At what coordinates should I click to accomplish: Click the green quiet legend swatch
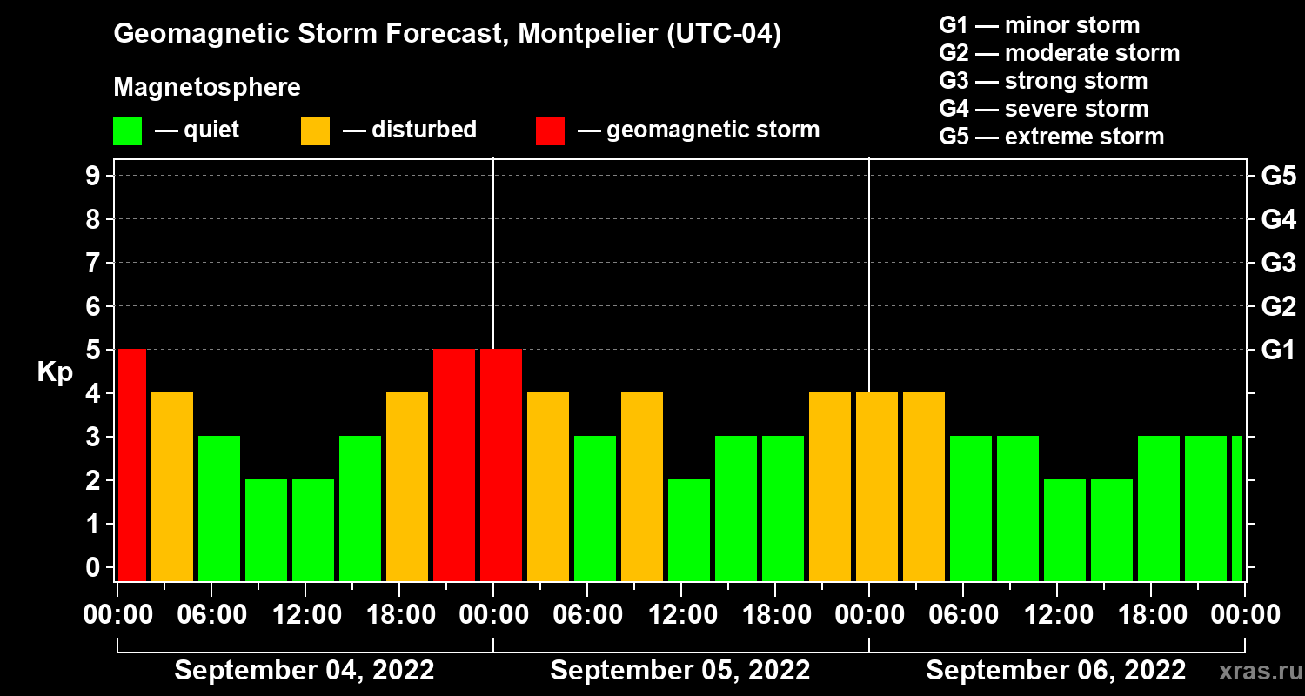click(127, 130)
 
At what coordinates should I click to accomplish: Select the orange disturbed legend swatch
click(315, 130)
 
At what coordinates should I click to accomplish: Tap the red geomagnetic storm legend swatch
click(550, 130)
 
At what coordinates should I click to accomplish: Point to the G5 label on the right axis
click(1278, 177)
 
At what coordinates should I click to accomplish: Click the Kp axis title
click(55, 372)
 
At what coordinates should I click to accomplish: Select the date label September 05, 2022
click(679, 671)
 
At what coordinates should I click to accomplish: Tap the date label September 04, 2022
click(304, 671)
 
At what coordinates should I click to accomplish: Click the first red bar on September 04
click(132, 465)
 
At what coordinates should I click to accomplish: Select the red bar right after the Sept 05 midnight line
click(501, 465)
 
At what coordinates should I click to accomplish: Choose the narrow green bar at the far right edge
click(1237, 508)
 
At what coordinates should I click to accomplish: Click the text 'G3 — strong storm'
click(1043, 81)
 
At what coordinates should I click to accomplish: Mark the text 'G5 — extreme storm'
click(1051, 137)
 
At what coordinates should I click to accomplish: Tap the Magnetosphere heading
click(207, 88)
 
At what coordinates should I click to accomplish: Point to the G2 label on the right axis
click(1278, 307)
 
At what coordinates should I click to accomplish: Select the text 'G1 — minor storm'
click(1039, 25)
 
